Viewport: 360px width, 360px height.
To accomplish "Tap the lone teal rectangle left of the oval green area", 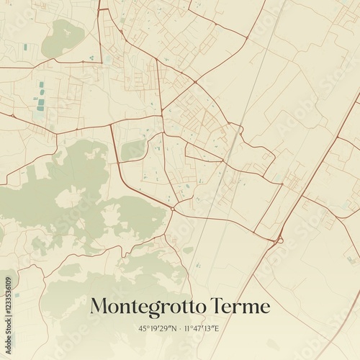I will pos(25,47).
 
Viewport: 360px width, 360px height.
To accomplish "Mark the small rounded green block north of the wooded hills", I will pos(133,150).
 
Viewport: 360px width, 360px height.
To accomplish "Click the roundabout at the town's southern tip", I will pos(173,209).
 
